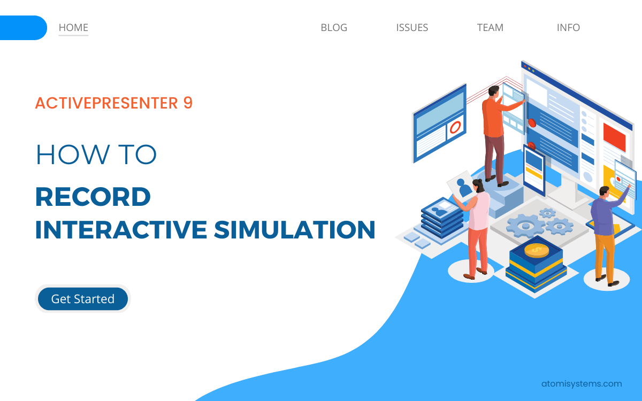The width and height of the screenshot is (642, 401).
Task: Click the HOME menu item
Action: (73, 28)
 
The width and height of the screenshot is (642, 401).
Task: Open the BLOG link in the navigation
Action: (334, 28)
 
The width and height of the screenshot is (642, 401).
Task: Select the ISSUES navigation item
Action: (412, 28)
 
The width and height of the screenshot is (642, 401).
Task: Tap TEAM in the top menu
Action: (490, 28)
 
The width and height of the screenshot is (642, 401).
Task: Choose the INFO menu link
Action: (568, 28)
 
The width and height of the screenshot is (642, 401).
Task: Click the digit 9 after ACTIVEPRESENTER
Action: (188, 103)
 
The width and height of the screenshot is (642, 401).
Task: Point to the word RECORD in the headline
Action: (93, 197)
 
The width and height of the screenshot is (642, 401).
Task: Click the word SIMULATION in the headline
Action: (295, 229)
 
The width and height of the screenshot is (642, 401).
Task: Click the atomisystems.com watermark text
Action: (581, 383)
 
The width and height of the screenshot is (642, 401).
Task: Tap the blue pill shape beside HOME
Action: (22, 28)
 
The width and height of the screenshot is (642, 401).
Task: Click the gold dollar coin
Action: (537, 250)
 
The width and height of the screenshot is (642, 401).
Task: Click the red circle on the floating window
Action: (455, 127)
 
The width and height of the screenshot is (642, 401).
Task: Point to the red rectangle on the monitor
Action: (614, 137)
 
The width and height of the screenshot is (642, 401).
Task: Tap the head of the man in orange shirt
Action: (494, 91)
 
